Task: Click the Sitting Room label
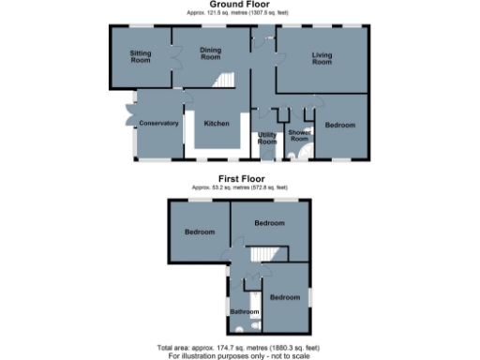point(141,55)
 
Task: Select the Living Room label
point(322,58)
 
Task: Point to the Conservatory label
point(158,124)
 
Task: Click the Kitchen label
point(217,124)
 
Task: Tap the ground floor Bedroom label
point(339,124)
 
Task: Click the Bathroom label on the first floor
point(244,311)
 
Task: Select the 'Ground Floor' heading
point(241,6)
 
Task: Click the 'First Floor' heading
point(241,178)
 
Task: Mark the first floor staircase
point(269,255)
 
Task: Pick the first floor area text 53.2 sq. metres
point(241,187)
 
